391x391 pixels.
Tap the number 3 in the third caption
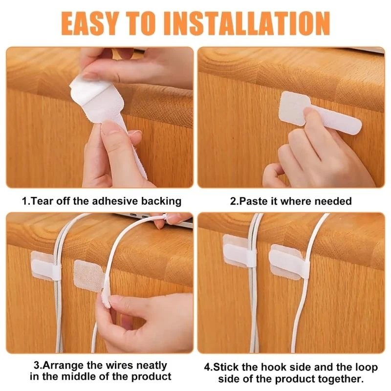click(37, 365)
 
